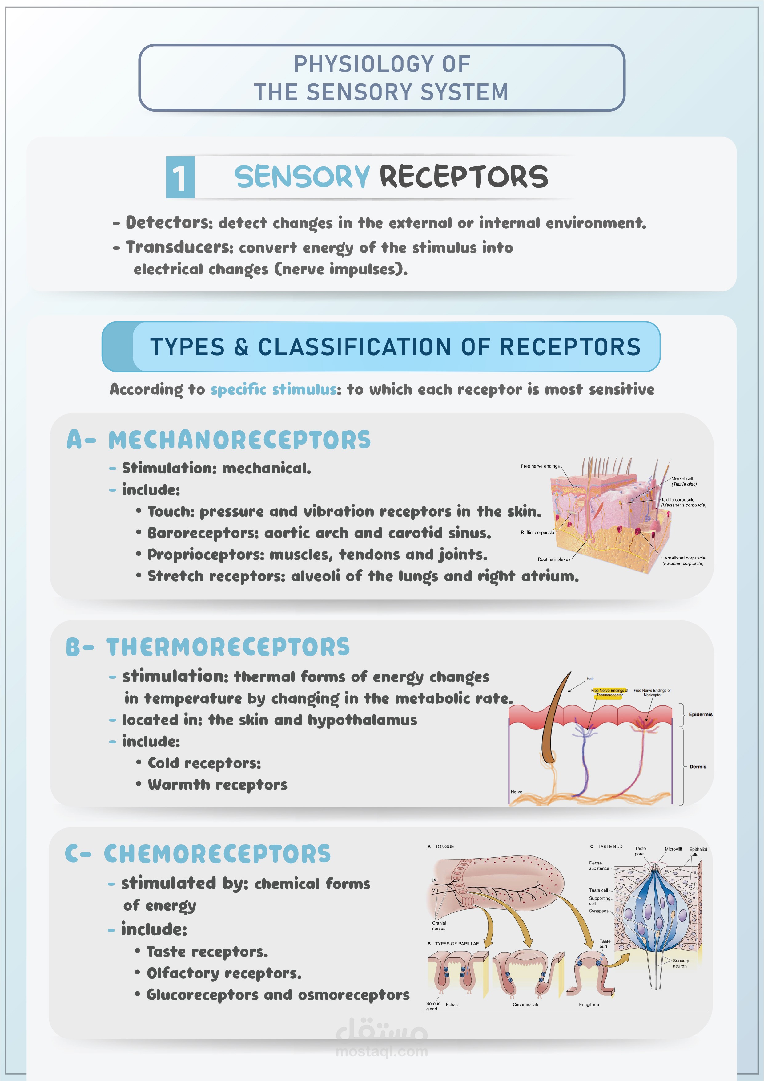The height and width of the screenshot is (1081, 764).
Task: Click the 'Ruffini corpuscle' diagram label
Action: click(x=537, y=533)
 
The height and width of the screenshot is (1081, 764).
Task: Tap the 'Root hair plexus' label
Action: click(x=554, y=559)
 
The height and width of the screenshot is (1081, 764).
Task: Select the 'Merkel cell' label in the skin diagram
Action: click(x=682, y=478)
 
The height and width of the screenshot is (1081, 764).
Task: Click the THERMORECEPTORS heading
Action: click(x=228, y=647)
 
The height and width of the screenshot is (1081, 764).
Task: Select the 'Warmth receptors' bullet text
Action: click(x=217, y=785)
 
